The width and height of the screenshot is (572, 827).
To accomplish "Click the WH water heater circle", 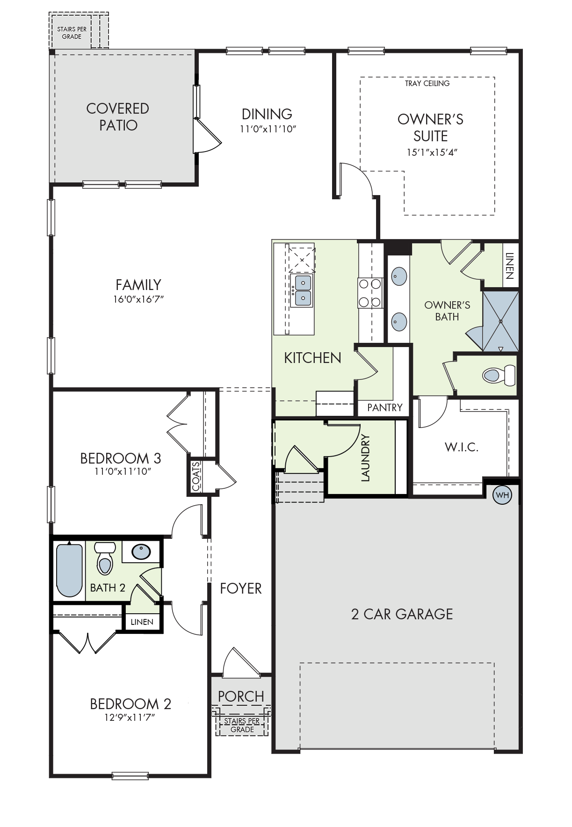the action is pyautogui.click(x=502, y=495).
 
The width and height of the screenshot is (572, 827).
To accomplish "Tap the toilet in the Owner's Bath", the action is pyautogui.click(x=499, y=375).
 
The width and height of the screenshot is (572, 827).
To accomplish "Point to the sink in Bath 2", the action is pyautogui.click(x=141, y=552).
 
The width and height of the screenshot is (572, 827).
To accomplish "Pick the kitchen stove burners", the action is pyautogui.click(x=370, y=293).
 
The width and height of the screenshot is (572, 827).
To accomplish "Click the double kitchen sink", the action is pyautogui.click(x=302, y=290).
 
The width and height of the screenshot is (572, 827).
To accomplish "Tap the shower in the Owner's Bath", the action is pyautogui.click(x=500, y=321).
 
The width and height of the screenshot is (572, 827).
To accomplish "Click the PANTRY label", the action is pyautogui.click(x=384, y=407).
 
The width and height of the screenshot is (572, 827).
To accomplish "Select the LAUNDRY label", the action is pyautogui.click(x=365, y=458).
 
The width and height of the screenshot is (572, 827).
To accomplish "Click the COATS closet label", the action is pyautogui.click(x=196, y=476).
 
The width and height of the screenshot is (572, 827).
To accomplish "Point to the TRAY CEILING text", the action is pyautogui.click(x=427, y=83).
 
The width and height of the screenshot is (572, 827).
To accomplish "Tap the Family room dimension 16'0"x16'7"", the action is pyautogui.click(x=138, y=299).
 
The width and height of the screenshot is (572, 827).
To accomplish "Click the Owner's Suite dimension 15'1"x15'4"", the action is pyautogui.click(x=432, y=152).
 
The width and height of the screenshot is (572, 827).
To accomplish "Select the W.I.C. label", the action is pyautogui.click(x=462, y=447).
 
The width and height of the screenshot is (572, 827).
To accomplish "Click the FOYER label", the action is pyautogui.click(x=241, y=588).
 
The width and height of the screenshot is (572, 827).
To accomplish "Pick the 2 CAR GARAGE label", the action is pyautogui.click(x=402, y=614).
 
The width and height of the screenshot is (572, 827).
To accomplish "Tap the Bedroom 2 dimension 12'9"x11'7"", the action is pyautogui.click(x=130, y=717).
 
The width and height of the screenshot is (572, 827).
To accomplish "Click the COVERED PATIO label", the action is pyautogui.click(x=118, y=117).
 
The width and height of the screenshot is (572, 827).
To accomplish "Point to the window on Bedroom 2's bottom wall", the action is pyautogui.click(x=130, y=776).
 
